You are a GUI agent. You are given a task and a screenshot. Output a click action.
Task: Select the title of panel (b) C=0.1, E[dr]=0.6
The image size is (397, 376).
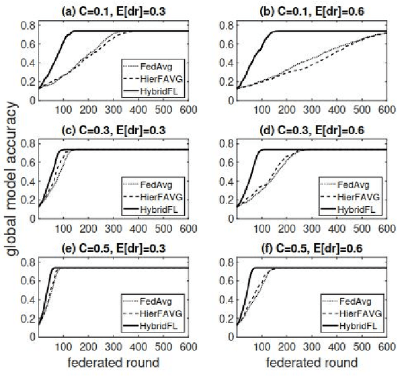point(308,8)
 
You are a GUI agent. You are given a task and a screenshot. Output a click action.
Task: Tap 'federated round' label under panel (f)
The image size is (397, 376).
point(308,363)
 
